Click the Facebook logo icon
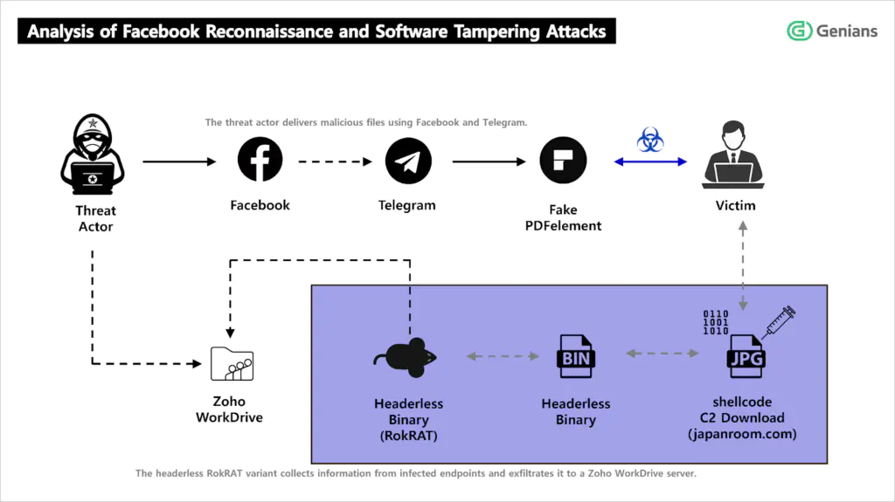260,161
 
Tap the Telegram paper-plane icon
408,161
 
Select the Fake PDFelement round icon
563,161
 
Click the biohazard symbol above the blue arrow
649,139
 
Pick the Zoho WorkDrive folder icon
232,362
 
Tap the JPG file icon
744,357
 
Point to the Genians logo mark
799,31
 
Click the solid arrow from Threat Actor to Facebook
178,162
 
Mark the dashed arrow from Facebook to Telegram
335,162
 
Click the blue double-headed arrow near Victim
650,162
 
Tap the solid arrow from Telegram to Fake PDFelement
486,162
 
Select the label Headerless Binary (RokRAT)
408,420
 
